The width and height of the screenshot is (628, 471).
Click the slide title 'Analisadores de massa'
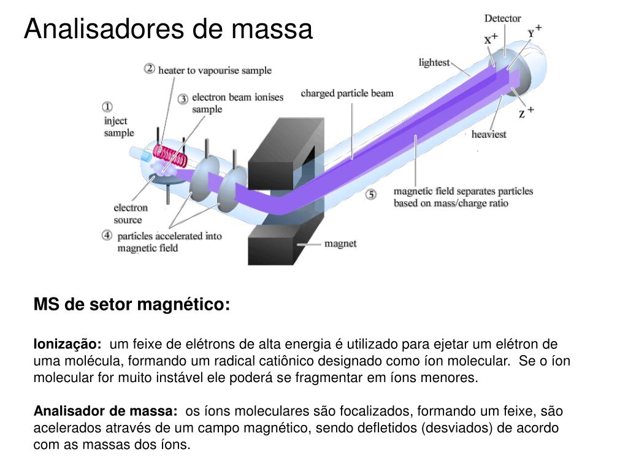pos(168,29)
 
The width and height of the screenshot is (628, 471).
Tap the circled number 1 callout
pos(107,107)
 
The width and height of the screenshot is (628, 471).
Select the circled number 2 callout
pos(150,69)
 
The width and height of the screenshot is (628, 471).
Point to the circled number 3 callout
pos(183,99)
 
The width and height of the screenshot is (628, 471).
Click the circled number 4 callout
pos(107,235)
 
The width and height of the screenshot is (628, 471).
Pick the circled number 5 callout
pos(371,195)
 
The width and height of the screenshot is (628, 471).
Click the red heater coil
pos(170,157)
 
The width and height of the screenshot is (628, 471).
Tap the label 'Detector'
pos(503,18)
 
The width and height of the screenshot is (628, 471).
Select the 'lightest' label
pos(434,63)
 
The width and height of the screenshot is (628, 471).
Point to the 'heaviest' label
pos(489,134)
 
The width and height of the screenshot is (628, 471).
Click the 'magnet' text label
pos(340,243)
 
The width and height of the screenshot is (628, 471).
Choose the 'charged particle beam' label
pos(347,93)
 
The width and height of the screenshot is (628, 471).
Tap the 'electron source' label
pos(131,214)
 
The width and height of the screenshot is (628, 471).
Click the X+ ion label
pos(491,39)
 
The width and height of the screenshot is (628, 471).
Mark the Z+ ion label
pos(526,112)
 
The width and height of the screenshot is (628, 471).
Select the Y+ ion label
pos(534,31)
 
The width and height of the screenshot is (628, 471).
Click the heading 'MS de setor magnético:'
pos(132,304)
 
